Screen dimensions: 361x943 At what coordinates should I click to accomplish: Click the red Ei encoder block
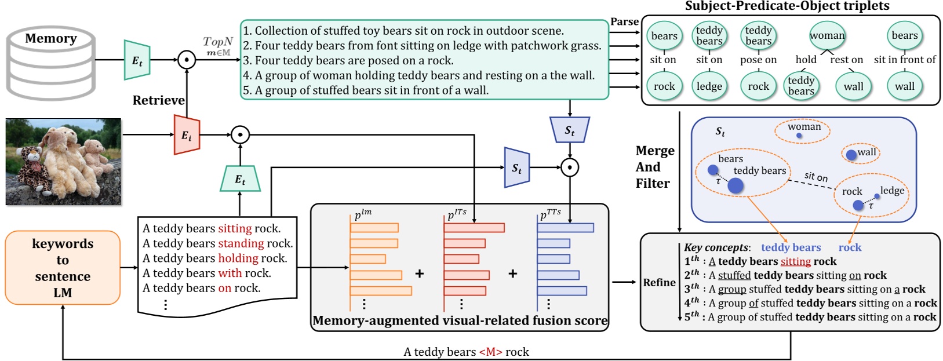click(187, 136)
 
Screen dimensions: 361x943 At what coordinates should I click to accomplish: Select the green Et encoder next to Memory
click(137, 60)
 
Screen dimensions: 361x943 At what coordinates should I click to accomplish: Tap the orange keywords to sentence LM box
click(63, 268)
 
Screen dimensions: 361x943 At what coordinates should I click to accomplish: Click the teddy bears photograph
click(64, 162)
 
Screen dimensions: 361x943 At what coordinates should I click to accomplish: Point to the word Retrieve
click(158, 100)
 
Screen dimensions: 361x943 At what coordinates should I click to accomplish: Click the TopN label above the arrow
click(218, 42)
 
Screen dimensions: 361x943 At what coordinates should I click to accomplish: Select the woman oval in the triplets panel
click(827, 36)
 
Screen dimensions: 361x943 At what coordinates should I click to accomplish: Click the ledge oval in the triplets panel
click(709, 86)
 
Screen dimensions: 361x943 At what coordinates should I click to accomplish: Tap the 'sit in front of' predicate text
click(904, 60)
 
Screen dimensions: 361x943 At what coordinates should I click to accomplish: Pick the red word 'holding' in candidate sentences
click(238, 258)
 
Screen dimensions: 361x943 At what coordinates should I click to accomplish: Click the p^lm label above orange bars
click(363, 214)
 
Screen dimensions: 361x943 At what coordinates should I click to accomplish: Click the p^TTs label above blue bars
click(550, 214)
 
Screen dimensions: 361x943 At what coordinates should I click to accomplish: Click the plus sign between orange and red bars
click(419, 274)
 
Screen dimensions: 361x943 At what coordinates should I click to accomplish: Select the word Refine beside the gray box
click(659, 283)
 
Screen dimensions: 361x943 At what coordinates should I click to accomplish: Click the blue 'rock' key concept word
click(849, 247)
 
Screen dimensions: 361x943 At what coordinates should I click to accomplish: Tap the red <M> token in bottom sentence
click(490, 352)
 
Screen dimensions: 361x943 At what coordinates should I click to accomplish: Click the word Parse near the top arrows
click(624, 22)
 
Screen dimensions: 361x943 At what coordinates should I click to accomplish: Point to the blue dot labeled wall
click(850, 155)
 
